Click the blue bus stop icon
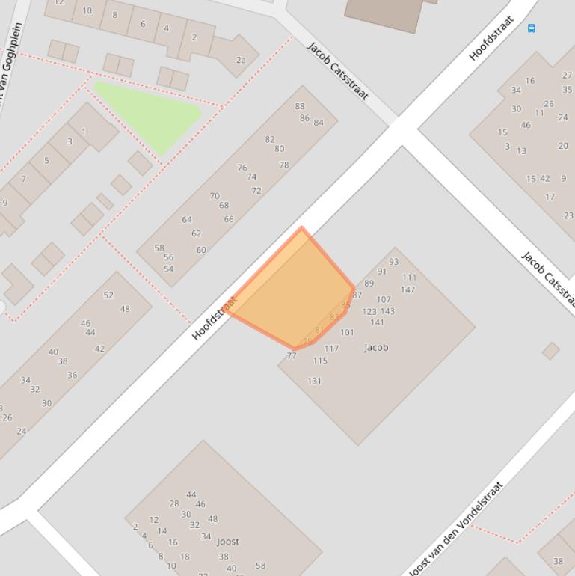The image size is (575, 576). pos(532,28)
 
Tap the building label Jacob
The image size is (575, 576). pos(376,347)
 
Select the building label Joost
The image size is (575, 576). pos(228,542)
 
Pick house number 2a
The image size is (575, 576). pos(241,60)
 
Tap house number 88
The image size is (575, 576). pos(300,106)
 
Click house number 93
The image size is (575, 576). pos(393,262)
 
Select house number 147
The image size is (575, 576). pos(408,289)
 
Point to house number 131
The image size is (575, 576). pos(314,381)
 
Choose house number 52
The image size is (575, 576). pos(108,295)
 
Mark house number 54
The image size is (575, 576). pos(169,269)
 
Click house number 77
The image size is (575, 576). pos(292,356)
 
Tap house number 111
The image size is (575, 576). pos(409,278)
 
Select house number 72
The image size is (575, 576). pos(256,191)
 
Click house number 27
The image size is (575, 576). pos(567,76)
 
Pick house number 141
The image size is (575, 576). pos(377,322)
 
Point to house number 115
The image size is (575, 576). pos(320,361)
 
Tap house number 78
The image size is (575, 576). pos(284,165)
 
